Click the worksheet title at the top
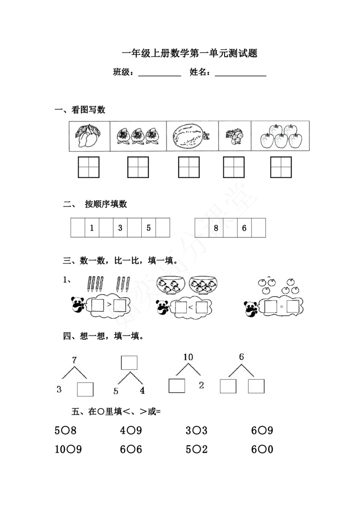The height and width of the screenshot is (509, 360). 190,53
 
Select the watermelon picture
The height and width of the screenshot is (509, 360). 191,136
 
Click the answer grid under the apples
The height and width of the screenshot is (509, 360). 281,167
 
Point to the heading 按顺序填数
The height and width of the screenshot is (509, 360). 106,204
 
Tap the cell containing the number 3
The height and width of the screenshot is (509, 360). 120,228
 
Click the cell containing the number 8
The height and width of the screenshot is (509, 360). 216,228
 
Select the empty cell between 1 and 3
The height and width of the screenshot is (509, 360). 106,228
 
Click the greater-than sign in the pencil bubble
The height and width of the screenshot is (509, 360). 109,304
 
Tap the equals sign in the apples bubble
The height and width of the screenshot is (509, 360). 281,306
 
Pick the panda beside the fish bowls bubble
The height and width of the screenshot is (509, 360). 163,307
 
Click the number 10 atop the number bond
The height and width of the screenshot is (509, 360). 188,357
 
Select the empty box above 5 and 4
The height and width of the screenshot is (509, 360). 129,362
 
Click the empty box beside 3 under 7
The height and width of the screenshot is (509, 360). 85,389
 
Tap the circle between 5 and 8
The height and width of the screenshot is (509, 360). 65,430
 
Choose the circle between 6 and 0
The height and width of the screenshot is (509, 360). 262,449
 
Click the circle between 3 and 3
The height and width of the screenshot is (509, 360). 196,430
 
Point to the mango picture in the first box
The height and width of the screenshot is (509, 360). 88,136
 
